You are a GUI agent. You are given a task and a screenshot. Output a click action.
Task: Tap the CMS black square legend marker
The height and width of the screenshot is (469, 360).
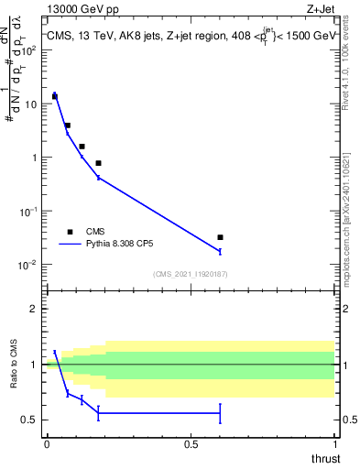pyautogui.click(x=70, y=232)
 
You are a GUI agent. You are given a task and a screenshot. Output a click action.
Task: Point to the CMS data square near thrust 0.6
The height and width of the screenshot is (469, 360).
pyautogui.click(x=220, y=237)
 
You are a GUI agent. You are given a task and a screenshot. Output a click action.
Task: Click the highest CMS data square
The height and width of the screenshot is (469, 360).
pyautogui.click(x=55, y=96)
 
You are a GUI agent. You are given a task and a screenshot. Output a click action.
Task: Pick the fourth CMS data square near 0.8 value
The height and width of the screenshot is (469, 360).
pyautogui.click(x=98, y=163)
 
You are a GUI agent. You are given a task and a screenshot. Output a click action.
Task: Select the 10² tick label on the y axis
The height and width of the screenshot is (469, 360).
pyautogui.click(x=29, y=50)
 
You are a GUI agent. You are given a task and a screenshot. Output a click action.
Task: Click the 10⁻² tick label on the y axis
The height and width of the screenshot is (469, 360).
pyautogui.click(x=29, y=265)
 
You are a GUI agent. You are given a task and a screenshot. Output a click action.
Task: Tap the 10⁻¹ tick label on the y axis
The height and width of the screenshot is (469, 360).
pyautogui.click(x=29, y=212)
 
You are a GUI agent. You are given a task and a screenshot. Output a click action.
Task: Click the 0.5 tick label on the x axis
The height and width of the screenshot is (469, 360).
pyautogui.click(x=191, y=443)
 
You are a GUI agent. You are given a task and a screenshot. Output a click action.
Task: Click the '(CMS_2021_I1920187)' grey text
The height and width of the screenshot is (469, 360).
pyautogui.click(x=191, y=273)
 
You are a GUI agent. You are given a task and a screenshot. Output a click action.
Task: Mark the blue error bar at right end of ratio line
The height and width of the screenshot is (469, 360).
pyautogui.click(x=220, y=413)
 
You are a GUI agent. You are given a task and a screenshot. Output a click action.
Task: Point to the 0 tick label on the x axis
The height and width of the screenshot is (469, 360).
pyautogui.click(x=47, y=443)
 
